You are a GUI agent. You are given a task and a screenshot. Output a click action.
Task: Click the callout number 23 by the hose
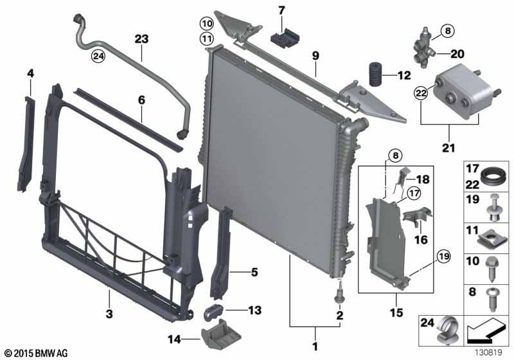[141, 39]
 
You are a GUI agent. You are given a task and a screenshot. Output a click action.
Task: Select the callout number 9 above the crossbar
[315, 56]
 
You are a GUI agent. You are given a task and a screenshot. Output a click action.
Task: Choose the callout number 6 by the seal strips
[141, 100]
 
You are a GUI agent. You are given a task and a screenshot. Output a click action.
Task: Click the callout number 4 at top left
[30, 74]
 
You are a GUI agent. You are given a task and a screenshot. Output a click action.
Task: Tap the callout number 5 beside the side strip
[254, 273]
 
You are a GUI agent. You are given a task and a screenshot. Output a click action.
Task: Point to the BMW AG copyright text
[36, 353]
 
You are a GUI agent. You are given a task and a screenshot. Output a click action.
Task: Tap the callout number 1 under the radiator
[315, 347]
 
